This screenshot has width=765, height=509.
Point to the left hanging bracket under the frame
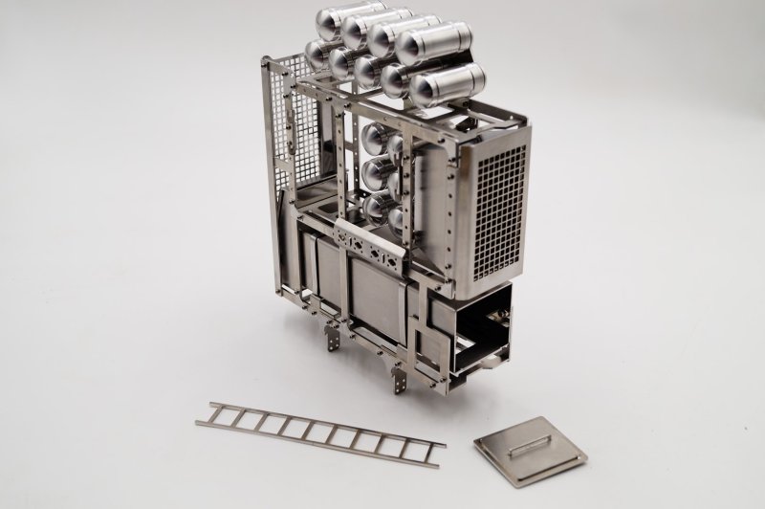332,338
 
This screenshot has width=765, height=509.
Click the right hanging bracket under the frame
397,374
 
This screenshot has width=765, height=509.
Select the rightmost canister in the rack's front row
446,87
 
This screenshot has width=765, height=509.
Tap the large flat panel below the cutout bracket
376,296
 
